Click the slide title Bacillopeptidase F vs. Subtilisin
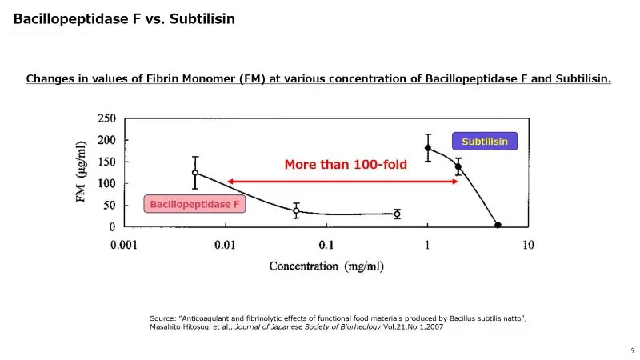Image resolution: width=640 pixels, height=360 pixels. click(124, 18)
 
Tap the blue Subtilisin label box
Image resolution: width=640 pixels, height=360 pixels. click(485, 142)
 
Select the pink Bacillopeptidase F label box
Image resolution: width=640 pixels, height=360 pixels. click(195, 205)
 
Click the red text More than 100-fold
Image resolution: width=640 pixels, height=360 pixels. click(346, 165)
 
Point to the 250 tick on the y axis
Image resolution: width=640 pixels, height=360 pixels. click(106, 118)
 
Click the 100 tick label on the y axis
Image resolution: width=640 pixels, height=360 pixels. click(106, 184)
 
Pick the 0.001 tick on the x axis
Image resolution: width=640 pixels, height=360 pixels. click(125, 245)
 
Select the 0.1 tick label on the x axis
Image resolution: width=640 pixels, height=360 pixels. click(326, 245)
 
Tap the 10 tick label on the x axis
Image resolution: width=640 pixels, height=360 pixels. click(528, 245)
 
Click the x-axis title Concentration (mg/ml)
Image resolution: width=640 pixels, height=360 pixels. click(326, 266)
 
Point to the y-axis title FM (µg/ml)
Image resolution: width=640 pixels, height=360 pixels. click(82, 172)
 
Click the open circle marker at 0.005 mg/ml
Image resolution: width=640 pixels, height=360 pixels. click(195, 172)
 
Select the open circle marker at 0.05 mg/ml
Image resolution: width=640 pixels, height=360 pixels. click(296, 211)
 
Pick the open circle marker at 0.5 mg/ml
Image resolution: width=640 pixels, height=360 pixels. click(397, 214)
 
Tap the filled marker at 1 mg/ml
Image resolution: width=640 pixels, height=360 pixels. click(428, 148)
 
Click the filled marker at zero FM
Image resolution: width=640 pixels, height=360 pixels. click(498, 226)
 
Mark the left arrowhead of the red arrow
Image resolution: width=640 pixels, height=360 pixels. click(230, 182)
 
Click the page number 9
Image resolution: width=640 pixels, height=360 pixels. click(633, 350)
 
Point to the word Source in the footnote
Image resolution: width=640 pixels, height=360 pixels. click(162, 319)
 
